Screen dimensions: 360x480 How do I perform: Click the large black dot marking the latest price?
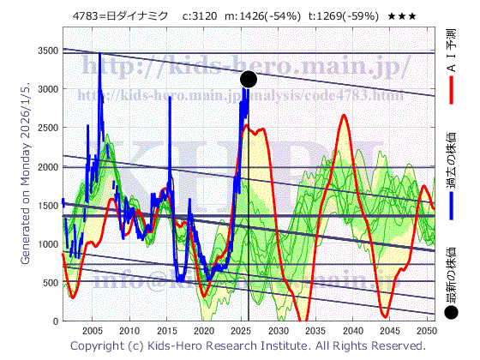coord(249,79)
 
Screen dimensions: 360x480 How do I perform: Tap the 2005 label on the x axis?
coord(92,330)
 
